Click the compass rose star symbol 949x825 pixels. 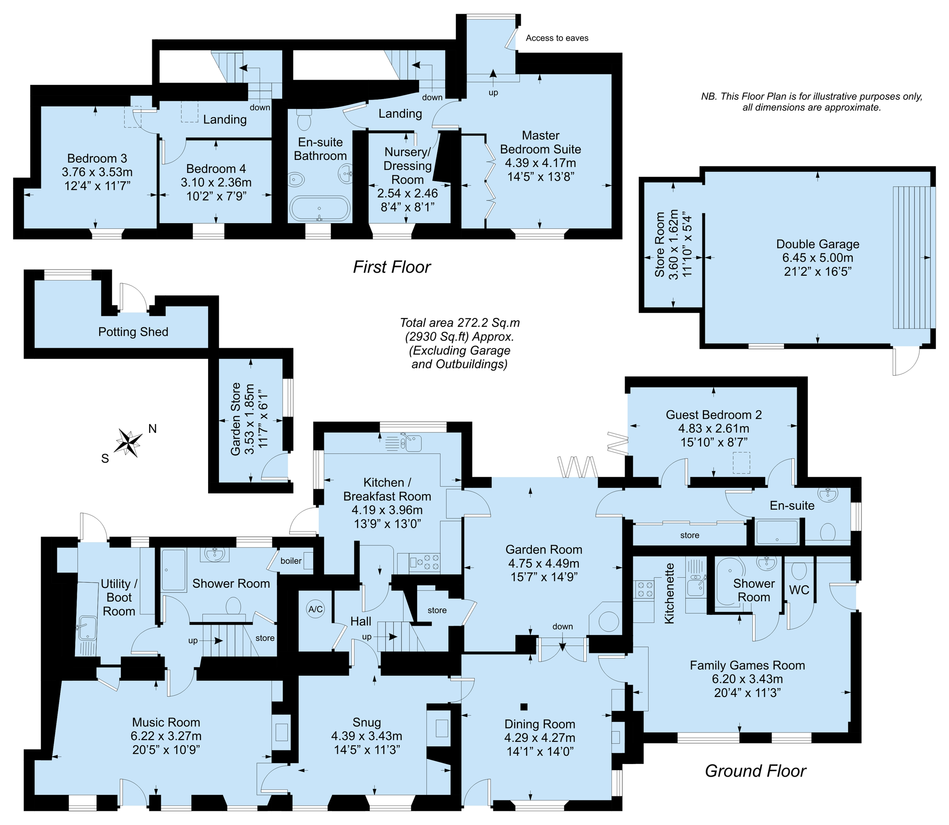[x=128, y=442]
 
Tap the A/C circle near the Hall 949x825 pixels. [x=315, y=609]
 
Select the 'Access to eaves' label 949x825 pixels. [x=557, y=38]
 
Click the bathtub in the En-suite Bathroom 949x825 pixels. [x=320, y=209]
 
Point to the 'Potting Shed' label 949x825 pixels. [x=133, y=332]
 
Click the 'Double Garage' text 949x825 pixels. [x=818, y=244]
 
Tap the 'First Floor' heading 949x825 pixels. [x=392, y=267]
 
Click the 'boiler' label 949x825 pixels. [x=291, y=560]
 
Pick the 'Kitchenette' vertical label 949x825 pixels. [x=669, y=593]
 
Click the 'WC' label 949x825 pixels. [x=799, y=590]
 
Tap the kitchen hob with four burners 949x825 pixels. [x=426, y=562]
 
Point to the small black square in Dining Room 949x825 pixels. [x=524, y=706]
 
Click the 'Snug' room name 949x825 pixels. [x=366, y=722]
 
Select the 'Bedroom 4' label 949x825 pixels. [x=216, y=168]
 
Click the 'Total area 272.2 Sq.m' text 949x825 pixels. [x=460, y=323]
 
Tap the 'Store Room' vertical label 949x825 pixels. [x=660, y=244]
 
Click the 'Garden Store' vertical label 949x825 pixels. [x=236, y=419]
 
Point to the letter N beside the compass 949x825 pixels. [x=152, y=428]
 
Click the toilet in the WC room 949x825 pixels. [x=799, y=570]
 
